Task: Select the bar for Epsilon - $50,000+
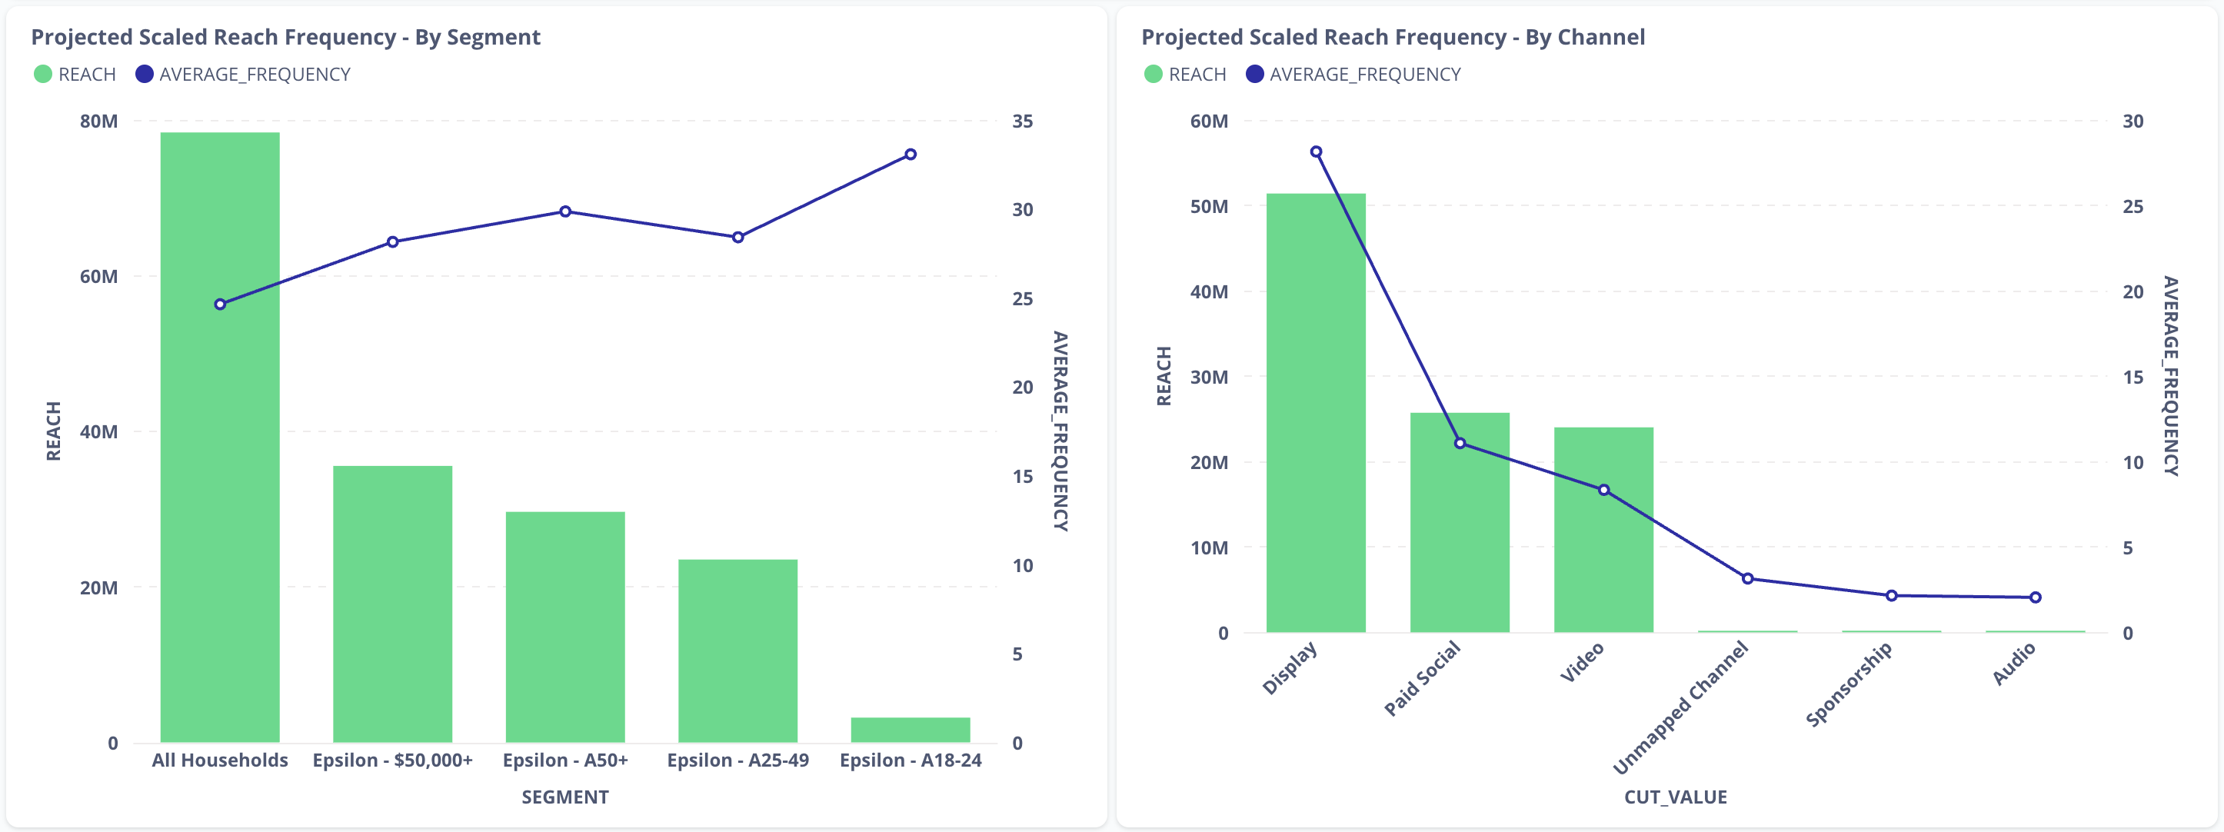tap(392, 604)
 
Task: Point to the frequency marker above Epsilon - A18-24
tap(910, 155)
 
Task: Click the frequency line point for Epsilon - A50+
tap(564, 211)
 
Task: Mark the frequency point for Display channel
tap(1316, 152)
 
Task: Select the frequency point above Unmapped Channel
tap(1747, 578)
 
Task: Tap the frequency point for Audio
tap(2035, 597)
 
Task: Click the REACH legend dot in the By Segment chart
tap(42, 75)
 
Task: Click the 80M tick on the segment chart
tap(98, 121)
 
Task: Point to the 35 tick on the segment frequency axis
tap(1022, 121)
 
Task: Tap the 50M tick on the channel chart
tap(1209, 206)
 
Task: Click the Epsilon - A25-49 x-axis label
tap(737, 760)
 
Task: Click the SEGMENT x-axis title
tap(564, 797)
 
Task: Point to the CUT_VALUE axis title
tap(1675, 797)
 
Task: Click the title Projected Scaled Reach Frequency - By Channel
tap(1393, 37)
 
